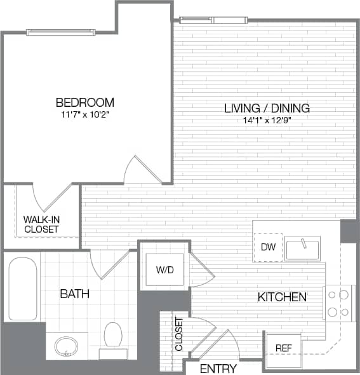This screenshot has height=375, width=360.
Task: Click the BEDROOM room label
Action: [x=84, y=102]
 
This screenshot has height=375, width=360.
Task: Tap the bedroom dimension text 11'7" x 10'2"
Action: [x=84, y=115]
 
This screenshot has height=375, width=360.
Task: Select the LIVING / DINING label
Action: [x=267, y=108]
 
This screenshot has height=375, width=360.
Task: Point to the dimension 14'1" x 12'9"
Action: [x=267, y=120]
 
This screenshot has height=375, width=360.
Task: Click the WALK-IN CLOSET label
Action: [x=41, y=224]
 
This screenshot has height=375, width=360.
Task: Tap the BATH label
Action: [x=74, y=294]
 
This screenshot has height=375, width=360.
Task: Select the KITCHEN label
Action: [x=282, y=297]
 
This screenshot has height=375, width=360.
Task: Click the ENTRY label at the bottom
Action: [x=218, y=369]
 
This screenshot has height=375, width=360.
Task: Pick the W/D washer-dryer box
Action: [x=164, y=269]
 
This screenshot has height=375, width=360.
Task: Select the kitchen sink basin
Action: [x=303, y=249]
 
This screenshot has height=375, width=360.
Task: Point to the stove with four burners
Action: [x=338, y=303]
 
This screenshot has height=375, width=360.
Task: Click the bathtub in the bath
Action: [x=23, y=289]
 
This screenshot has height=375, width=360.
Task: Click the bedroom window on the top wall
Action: [x=61, y=32]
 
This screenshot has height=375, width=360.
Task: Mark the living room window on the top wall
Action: [x=213, y=20]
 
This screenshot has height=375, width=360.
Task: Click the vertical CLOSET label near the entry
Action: [x=178, y=335]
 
